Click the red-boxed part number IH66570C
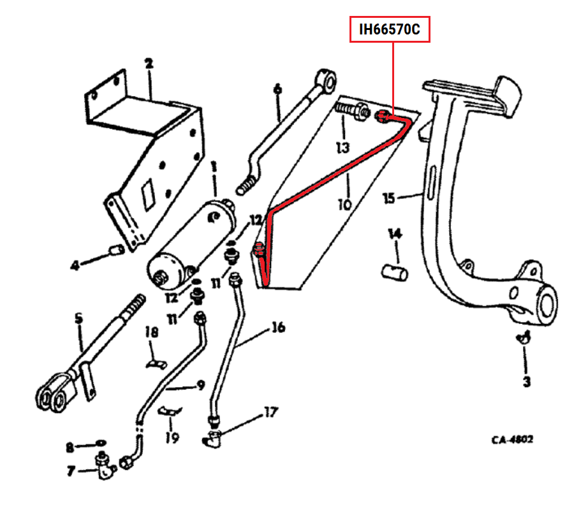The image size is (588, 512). coord(390,29)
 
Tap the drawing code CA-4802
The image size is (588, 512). coord(511,440)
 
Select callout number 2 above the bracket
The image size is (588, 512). coord(149,64)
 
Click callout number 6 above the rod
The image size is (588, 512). coord(277,89)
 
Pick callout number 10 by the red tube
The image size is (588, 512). coord(344,204)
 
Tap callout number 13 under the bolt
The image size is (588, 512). coord(343,148)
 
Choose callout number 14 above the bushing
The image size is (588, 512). coord(395,235)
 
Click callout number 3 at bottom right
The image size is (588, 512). coord(526,382)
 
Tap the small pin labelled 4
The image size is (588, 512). coord(116,249)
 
